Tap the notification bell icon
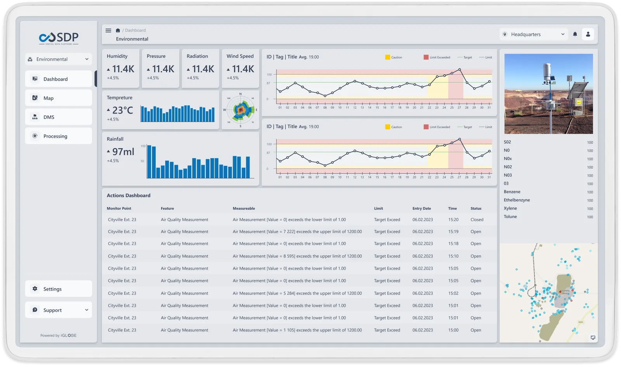coord(575,34)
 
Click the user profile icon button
coord(588,34)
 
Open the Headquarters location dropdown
coord(534,35)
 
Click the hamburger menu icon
coord(108,30)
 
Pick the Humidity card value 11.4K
coord(123,69)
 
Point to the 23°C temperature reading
coord(122,111)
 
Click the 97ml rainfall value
coord(123,152)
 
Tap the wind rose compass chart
coord(240,110)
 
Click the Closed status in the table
coord(477,220)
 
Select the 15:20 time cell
coord(453,220)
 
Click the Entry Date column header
coord(422,208)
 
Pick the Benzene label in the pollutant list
coord(512,192)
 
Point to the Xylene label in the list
coord(510,208)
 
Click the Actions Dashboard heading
coord(128,196)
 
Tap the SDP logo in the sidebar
coord(59,38)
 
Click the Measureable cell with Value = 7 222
coord(297,232)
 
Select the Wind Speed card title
coord(240,56)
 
